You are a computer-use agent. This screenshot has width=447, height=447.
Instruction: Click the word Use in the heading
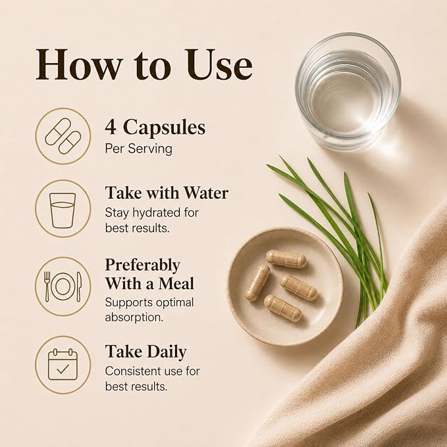[x=219, y=65]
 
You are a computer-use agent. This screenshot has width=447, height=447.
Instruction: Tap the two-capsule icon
[x=63, y=136]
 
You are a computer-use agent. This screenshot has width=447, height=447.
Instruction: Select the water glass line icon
[x=63, y=211]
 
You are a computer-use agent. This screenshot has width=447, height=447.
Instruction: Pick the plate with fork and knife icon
[x=63, y=286]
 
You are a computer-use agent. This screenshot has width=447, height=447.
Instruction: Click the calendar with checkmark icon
[x=63, y=364]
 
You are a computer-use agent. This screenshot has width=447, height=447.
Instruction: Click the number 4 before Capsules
[x=111, y=127]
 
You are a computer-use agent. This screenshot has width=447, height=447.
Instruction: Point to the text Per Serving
[x=138, y=149]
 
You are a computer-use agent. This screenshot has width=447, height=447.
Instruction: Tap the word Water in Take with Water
[x=205, y=193]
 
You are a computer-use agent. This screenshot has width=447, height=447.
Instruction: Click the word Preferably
[x=143, y=266]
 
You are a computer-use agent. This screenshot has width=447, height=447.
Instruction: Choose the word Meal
[x=176, y=284]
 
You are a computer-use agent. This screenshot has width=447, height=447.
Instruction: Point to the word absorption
[x=134, y=317]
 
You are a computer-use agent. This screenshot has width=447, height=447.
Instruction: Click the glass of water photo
[x=348, y=92]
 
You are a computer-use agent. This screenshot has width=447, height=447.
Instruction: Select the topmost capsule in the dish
[x=286, y=259]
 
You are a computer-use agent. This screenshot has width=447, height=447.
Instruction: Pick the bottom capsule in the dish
[x=282, y=308]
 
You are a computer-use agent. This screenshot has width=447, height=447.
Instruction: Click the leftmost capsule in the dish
[x=257, y=282]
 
